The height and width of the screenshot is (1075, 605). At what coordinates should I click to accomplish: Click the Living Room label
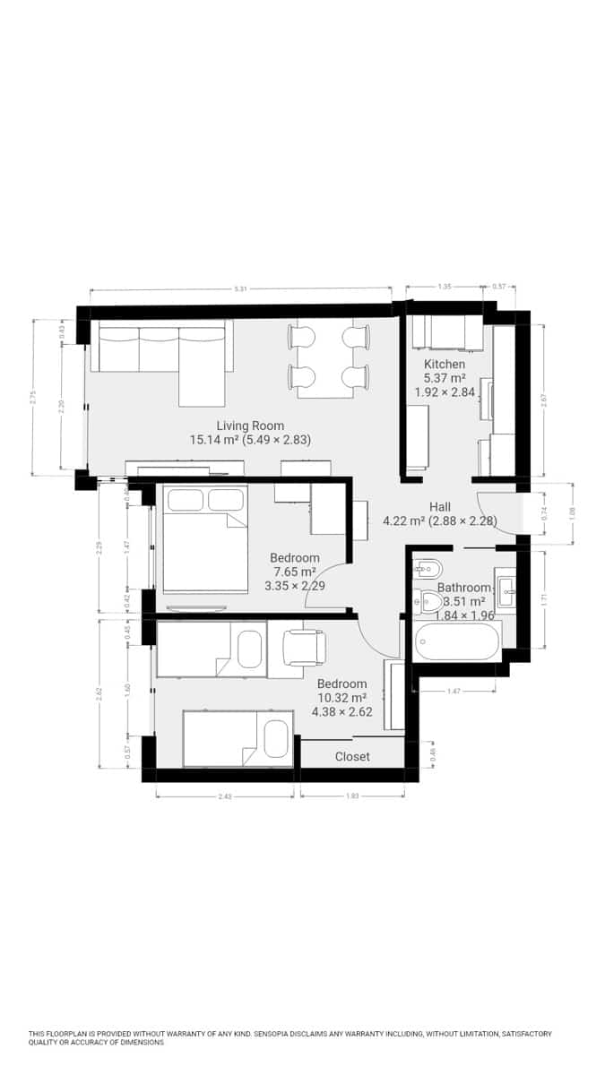point(250,426)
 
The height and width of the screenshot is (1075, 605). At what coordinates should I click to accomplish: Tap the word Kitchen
point(445,364)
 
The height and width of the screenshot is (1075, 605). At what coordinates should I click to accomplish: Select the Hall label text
point(439,506)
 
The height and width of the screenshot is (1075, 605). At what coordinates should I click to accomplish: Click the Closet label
point(352,756)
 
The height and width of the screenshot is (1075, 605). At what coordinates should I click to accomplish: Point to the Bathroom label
point(463,588)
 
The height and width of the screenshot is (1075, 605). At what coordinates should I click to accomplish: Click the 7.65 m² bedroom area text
point(294,572)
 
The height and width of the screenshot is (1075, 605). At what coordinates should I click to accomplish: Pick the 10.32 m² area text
point(341,698)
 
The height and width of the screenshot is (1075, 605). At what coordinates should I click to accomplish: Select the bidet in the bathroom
point(428,567)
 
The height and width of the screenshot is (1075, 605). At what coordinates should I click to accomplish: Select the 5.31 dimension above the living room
point(239,288)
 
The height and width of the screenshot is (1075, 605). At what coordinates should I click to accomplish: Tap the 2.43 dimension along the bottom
point(224,795)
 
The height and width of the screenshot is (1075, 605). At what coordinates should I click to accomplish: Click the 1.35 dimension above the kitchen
point(445,287)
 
